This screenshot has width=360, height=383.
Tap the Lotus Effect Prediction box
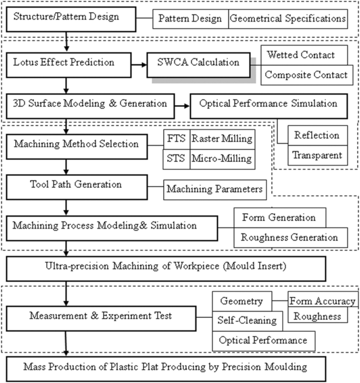pos(65,63)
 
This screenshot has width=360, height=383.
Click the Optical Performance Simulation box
pos(268,104)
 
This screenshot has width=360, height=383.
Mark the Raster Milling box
pos(221,139)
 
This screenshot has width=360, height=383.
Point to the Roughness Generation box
pos(289,237)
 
